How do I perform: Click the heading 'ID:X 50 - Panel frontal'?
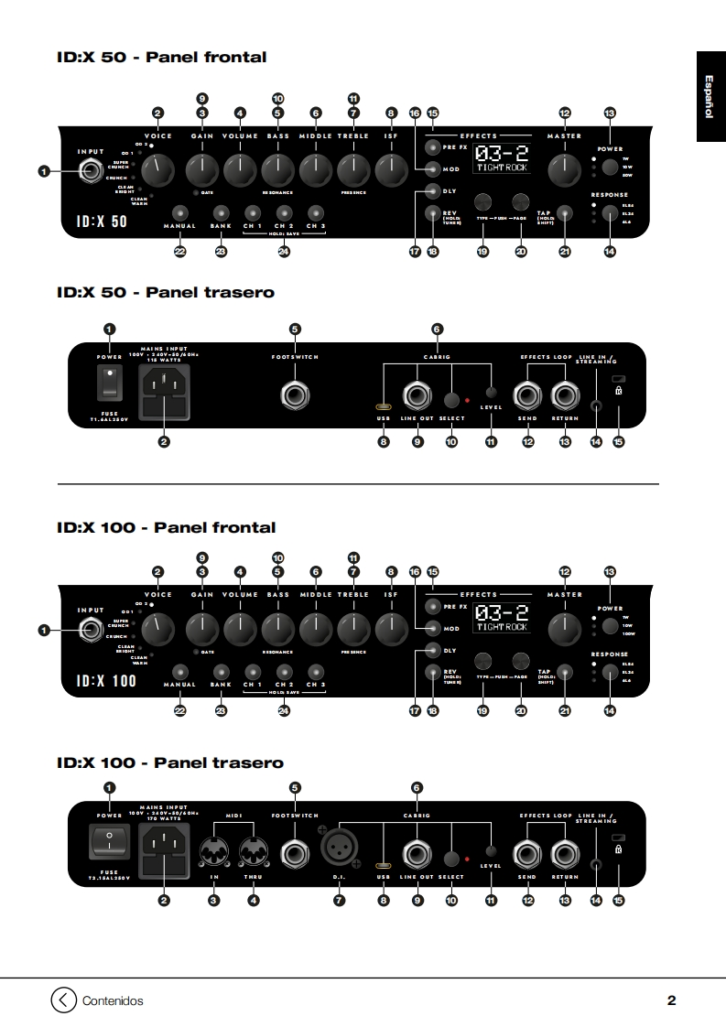pyautogui.click(x=161, y=58)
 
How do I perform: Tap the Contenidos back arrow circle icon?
pyautogui.click(x=62, y=1000)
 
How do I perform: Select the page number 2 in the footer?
pyautogui.click(x=671, y=1000)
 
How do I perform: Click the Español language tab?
pyautogui.click(x=710, y=96)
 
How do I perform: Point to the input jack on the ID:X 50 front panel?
pyautogui.click(x=91, y=170)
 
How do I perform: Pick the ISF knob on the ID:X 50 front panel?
pyautogui.click(x=391, y=168)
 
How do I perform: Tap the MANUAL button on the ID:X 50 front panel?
pyautogui.click(x=179, y=212)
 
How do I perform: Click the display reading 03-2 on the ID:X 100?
pyautogui.click(x=503, y=618)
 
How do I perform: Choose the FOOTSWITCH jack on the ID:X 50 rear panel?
pyautogui.click(x=295, y=395)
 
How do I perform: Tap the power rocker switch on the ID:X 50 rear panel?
pyautogui.click(x=110, y=384)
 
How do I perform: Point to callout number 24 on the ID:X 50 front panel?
pyautogui.click(x=284, y=252)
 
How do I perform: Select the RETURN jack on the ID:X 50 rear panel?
pyautogui.click(x=565, y=395)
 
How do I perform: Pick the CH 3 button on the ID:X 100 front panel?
pyautogui.click(x=315, y=671)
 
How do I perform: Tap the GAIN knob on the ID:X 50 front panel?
pyautogui.click(x=201, y=168)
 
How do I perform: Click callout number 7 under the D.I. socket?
pyautogui.click(x=339, y=901)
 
